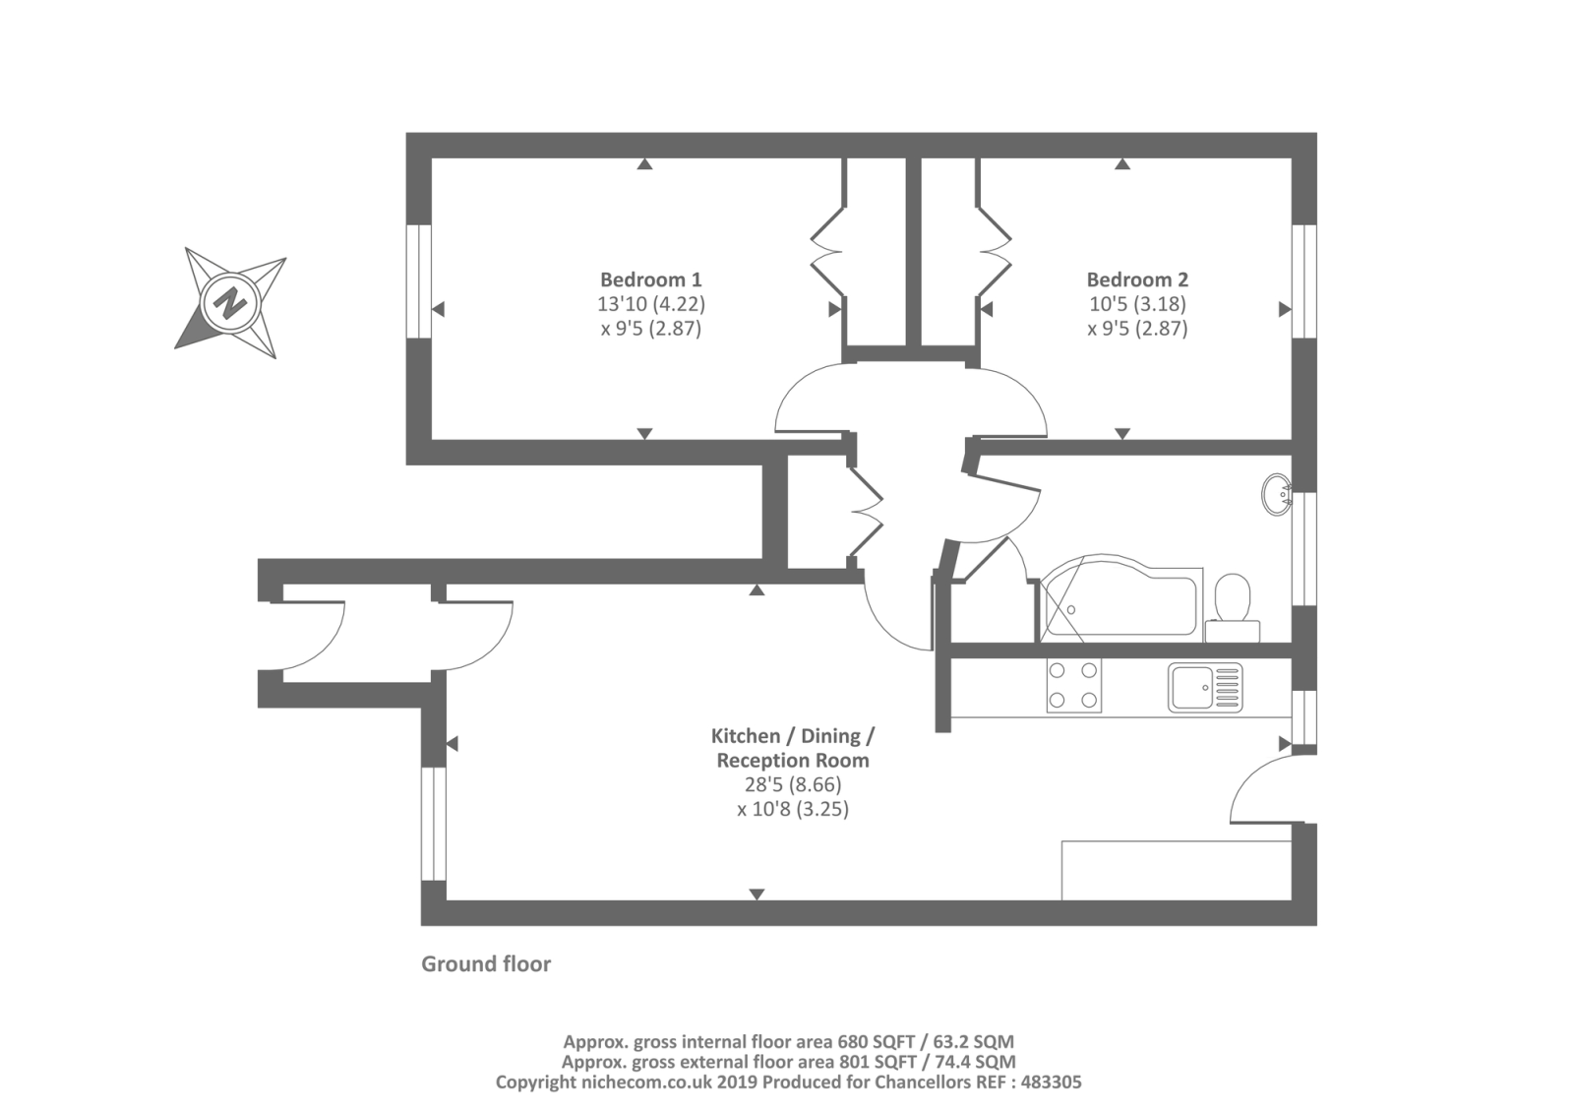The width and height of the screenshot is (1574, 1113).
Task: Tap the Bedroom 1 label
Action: (x=650, y=279)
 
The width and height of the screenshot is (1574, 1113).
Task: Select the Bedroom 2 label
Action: (x=1136, y=279)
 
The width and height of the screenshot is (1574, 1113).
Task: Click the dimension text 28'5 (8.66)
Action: (x=792, y=785)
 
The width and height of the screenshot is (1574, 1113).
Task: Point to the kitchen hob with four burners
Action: (x=1073, y=685)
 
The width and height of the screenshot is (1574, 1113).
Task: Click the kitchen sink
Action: (x=1204, y=687)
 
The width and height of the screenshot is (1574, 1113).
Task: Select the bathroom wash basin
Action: (x=1277, y=494)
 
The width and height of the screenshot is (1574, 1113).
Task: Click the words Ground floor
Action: (x=486, y=964)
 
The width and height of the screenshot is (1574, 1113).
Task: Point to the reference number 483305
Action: (x=1050, y=1082)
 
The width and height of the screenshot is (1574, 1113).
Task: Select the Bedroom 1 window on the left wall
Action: (x=419, y=281)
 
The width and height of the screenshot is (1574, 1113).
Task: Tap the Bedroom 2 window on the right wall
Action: (x=1303, y=281)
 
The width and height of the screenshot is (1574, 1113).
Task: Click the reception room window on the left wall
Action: (x=433, y=824)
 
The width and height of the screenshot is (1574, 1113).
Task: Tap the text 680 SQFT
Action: (x=875, y=1041)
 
